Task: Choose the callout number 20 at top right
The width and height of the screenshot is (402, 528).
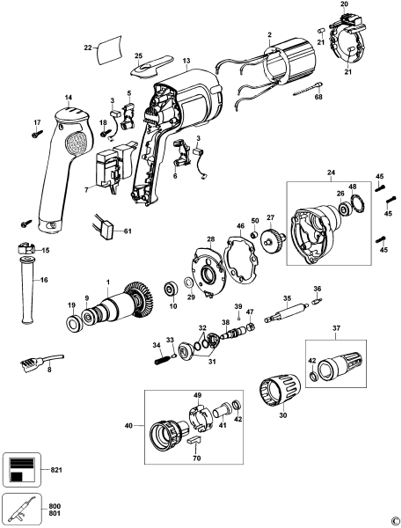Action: click(344, 5)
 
